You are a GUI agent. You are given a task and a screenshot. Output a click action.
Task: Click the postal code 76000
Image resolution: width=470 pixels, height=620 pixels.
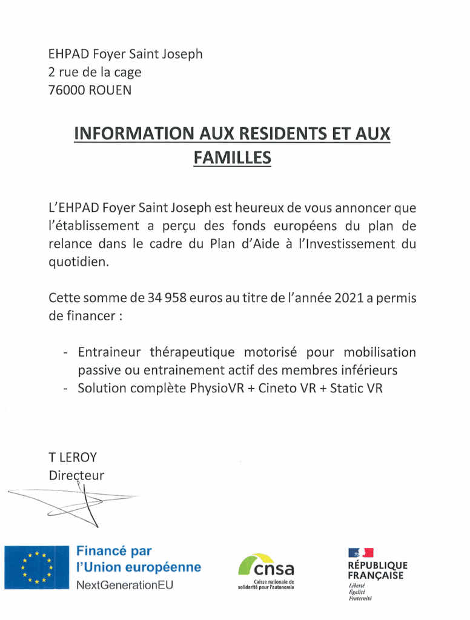point(65,91)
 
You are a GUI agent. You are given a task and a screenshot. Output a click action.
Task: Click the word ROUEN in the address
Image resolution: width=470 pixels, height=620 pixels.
point(110,91)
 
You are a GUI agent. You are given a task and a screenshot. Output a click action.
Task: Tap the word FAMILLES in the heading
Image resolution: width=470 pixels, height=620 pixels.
point(232,157)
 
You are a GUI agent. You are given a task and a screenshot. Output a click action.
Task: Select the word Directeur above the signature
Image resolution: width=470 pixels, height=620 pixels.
point(76,475)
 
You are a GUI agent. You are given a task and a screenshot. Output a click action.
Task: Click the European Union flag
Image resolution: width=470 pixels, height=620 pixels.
point(37,567)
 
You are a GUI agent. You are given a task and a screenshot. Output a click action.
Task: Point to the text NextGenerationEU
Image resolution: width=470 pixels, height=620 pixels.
point(124,585)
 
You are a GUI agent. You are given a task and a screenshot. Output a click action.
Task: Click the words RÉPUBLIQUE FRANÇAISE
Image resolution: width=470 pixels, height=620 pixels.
point(378,570)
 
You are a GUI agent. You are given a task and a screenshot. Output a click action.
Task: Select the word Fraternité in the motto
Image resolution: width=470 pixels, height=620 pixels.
point(360,599)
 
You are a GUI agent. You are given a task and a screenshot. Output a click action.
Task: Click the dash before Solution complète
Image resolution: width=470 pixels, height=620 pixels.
point(65,388)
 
